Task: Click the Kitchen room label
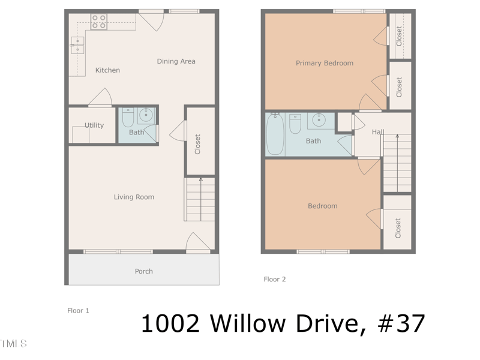click(x=107, y=70)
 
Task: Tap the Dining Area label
click(x=176, y=61)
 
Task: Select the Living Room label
click(x=134, y=197)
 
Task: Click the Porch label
click(x=143, y=271)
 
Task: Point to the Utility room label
click(x=94, y=125)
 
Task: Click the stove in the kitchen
click(x=99, y=22)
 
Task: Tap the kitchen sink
click(x=77, y=45)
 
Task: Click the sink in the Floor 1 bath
click(x=146, y=115)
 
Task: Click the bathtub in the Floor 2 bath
click(x=275, y=134)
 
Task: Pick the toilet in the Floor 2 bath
click(x=295, y=124)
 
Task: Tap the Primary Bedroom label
click(x=325, y=63)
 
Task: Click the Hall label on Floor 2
click(x=377, y=132)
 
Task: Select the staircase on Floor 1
click(x=200, y=199)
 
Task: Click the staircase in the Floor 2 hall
click(x=397, y=162)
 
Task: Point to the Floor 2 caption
click(x=275, y=279)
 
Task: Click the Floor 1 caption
click(x=78, y=311)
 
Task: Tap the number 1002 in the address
click(x=170, y=323)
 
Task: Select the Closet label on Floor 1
click(x=197, y=144)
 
